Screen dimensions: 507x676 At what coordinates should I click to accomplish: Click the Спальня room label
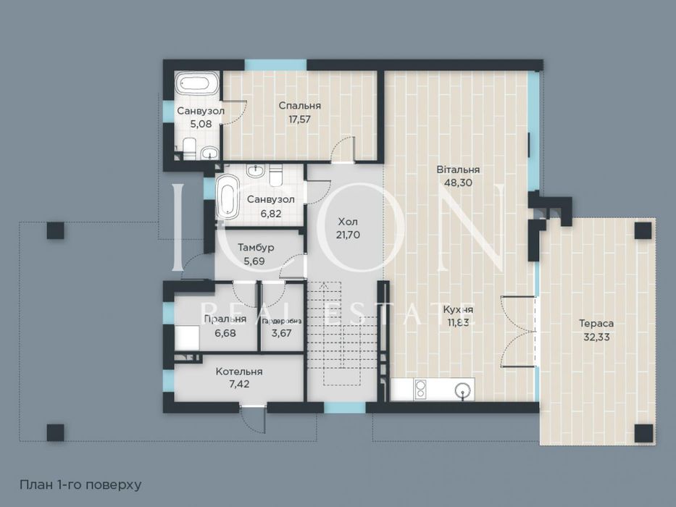click(299, 106)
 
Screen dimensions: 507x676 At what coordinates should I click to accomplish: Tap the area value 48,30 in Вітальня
click(458, 183)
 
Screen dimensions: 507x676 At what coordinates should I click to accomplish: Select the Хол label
click(349, 222)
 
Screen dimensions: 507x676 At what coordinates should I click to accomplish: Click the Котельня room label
click(239, 372)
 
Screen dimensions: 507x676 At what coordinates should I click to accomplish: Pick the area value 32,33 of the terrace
click(598, 337)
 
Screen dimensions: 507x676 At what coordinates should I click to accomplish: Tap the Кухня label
click(458, 309)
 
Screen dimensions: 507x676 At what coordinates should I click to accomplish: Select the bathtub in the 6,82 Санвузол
click(227, 196)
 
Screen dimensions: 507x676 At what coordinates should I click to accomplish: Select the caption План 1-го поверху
click(80, 483)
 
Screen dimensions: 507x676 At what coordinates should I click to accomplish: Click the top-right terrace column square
click(642, 230)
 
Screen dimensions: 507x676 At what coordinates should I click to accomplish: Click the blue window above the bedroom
click(265, 64)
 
